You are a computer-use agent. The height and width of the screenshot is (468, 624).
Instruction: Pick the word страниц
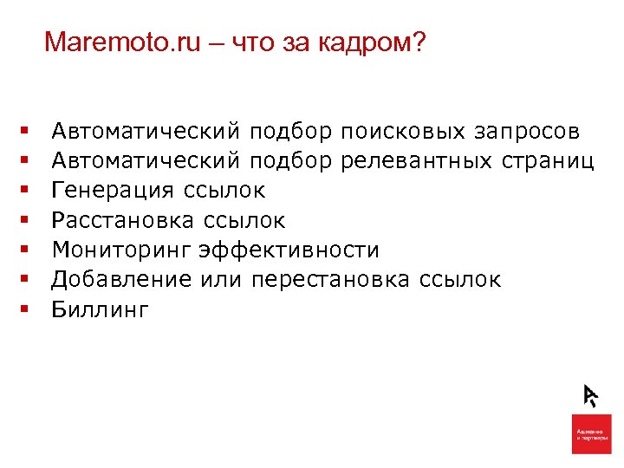pyautogui.click(x=545, y=161)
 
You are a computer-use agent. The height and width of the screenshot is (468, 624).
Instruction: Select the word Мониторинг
pyautogui.click(x=121, y=250)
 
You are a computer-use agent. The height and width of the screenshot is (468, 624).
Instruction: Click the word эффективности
pyautogui.click(x=289, y=250)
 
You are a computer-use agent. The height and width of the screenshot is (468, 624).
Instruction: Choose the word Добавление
pyautogui.click(x=121, y=280)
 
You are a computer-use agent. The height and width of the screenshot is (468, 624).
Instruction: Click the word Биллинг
pyautogui.click(x=101, y=309)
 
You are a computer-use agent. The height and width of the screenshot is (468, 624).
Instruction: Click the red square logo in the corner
pyautogui.click(x=592, y=433)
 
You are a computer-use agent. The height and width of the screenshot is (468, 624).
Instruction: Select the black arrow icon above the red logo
pyautogui.click(x=590, y=394)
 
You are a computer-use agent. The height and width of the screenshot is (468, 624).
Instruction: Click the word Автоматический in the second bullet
pyautogui.click(x=146, y=161)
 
